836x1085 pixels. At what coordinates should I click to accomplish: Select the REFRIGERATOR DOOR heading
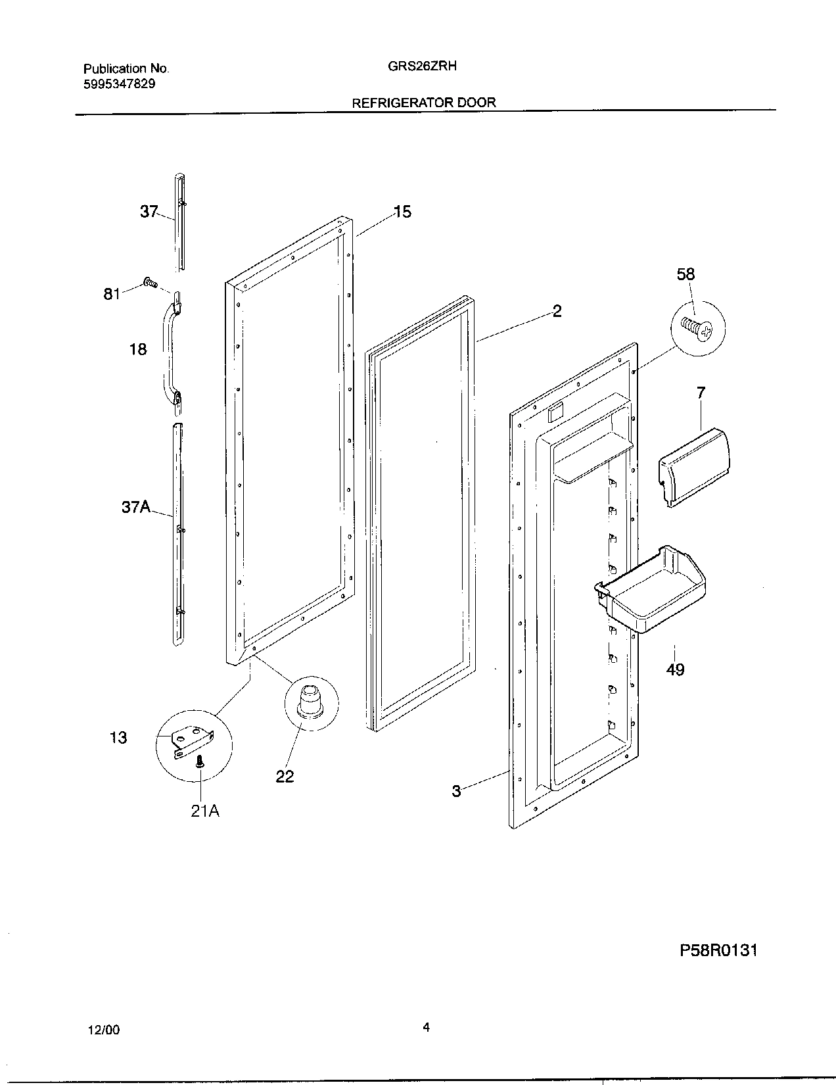tap(424, 103)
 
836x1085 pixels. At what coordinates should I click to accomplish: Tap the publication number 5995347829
tap(120, 84)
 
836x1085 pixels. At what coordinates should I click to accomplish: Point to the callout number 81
tap(112, 293)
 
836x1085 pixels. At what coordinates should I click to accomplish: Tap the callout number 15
tap(402, 212)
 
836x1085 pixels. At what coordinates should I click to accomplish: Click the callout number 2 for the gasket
tap(557, 311)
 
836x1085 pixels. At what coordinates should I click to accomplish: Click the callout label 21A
tap(205, 811)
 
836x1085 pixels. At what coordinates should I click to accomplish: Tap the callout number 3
tap(456, 791)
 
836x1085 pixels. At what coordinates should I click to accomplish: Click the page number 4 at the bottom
tap(426, 1027)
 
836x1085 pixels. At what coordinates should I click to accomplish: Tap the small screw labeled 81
tap(151, 283)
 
